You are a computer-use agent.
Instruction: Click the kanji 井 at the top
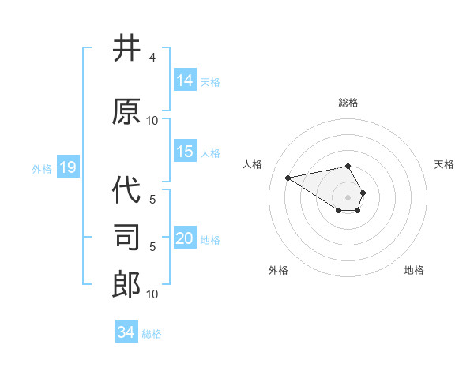pyautogui.click(x=126, y=49)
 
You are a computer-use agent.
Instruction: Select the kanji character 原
pyautogui.click(x=126, y=111)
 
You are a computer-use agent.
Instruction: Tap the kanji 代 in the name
pyautogui.click(x=126, y=189)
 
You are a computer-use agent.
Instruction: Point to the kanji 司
pyautogui.click(x=126, y=237)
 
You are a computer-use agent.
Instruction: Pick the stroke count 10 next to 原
pyautogui.click(x=152, y=121)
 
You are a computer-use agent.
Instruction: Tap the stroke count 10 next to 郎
pyautogui.click(x=152, y=294)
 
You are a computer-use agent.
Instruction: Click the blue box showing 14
pyautogui.click(x=185, y=81)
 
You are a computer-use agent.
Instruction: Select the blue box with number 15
pyautogui.click(x=185, y=152)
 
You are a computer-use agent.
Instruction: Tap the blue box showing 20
pyautogui.click(x=185, y=238)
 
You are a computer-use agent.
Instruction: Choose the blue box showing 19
pyautogui.click(x=67, y=167)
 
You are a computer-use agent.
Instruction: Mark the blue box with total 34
pyautogui.click(x=126, y=332)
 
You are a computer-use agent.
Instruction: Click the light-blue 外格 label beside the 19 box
pyautogui.click(x=42, y=168)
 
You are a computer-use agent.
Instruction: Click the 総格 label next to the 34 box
pyautogui.click(x=152, y=333)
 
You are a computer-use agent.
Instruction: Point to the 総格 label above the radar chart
pyautogui.click(x=348, y=103)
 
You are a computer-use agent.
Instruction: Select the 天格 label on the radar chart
pyautogui.click(x=444, y=164)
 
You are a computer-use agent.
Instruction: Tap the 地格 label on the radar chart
pyautogui.click(x=414, y=270)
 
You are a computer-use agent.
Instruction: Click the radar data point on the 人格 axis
pyautogui.click(x=288, y=177)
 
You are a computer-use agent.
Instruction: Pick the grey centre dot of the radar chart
pyautogui.click(x=348, y=197)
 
